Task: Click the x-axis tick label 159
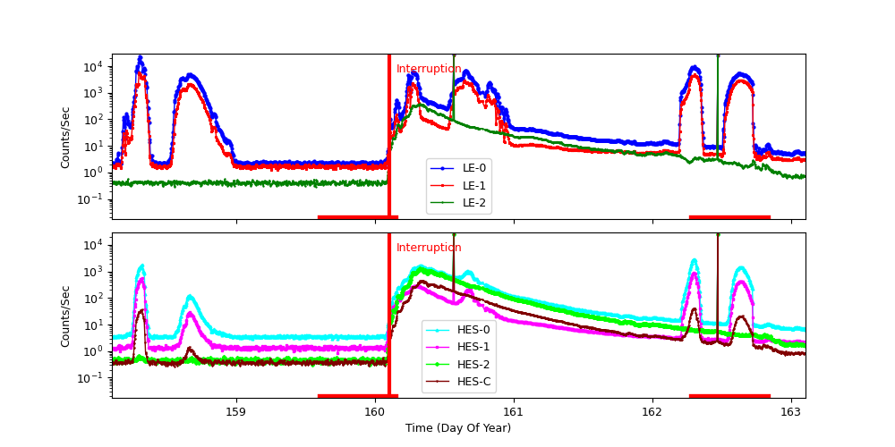(236, 411)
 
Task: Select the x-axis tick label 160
(375, 411)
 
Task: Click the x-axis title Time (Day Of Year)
(458, 428)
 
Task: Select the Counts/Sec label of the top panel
(65, 137)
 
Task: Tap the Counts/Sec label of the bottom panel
(65, 316)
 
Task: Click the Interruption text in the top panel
(429, 69)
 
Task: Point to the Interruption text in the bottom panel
(429, 248)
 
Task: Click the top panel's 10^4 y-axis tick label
(96, 67)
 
